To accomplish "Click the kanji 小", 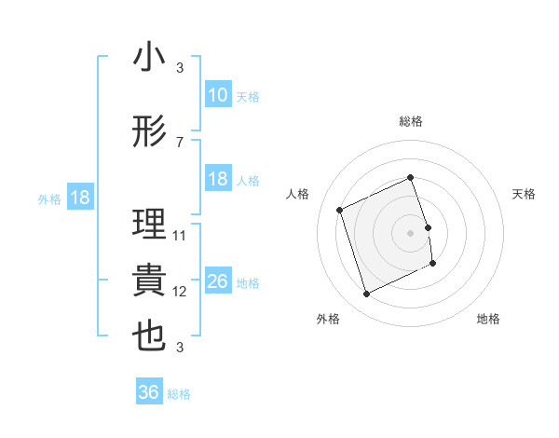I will (x=149, y=58).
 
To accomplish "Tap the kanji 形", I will (x=149, y=132).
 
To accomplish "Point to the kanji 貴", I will (x=149, y=281).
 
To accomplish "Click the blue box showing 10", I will (x=218, y=95).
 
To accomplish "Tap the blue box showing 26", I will (x=218, y=281).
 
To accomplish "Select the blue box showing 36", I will (x=149, y=393).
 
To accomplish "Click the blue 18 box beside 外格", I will (x=78, y=198).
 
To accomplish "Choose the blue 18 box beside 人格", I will (x=218, y=179).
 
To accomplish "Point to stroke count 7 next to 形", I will (x=179, y=143).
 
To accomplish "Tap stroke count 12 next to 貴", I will (x=180, y=292).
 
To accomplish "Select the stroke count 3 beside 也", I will (x=179, y=348).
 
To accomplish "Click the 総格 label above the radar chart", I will (x=411, y=121).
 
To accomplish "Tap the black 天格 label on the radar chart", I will (x=525, y=194).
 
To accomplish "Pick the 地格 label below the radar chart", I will (x=488, y=320).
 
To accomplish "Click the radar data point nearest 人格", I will (x=340, y=210).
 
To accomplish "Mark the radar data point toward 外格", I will (x=366, y=294).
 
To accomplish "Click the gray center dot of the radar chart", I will (x=411, y=232).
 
